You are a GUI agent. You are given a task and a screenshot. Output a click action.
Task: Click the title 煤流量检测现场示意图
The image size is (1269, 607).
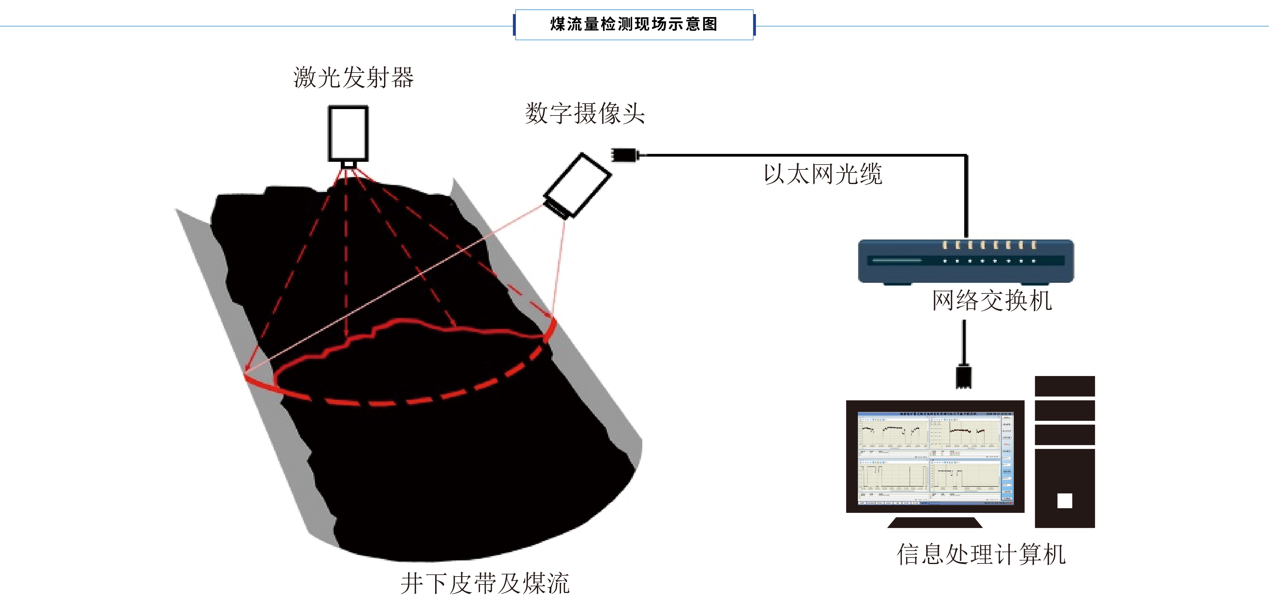634,24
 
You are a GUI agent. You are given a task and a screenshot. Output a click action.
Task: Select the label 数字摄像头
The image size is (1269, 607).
585,113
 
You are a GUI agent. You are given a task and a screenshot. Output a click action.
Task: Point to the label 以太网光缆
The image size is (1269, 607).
823,174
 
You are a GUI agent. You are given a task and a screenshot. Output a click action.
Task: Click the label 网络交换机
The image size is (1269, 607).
992,300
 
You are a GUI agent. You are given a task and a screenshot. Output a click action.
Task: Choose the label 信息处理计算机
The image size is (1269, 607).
981,554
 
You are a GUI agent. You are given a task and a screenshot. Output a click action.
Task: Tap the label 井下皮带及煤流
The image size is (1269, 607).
485,583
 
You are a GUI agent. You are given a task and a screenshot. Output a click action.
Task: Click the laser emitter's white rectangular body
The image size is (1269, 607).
348,133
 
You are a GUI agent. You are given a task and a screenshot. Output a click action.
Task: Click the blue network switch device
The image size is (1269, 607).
966,261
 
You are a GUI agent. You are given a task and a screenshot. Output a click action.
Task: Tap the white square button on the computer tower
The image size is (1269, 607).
1065,500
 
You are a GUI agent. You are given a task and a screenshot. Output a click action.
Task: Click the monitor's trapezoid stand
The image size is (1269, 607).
935,523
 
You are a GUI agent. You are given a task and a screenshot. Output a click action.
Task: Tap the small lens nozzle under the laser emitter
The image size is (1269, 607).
348,164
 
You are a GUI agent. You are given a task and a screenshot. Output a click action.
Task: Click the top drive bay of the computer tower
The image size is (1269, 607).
1065,386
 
